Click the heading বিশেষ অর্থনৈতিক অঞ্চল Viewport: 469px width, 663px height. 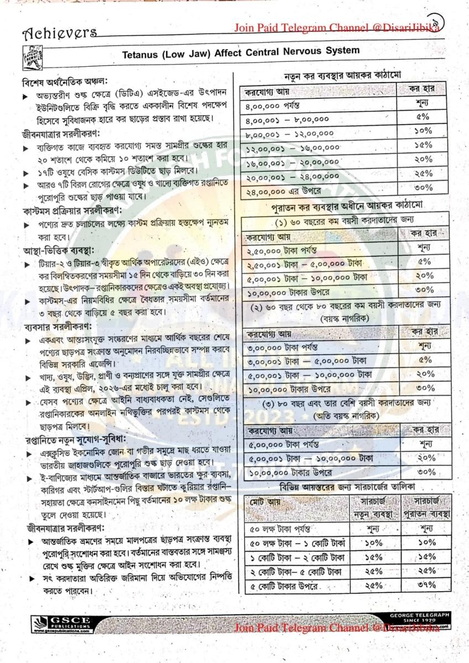click(x=57, y=82)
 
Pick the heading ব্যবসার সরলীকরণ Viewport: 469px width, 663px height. click(x=53, y=326)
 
